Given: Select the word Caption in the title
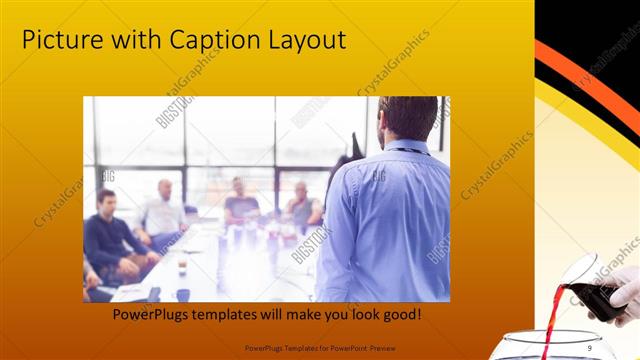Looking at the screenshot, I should (204, 41).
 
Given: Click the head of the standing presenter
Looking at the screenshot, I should (406, 119).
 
